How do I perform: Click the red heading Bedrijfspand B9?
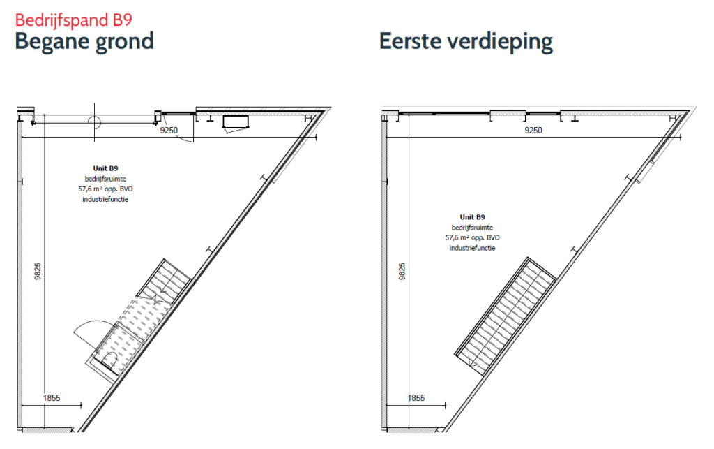point(74,20)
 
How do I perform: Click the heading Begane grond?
point(84,41)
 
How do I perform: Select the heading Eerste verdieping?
point(466,41)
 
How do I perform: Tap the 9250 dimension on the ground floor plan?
point(169,131)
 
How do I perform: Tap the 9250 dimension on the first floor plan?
point(533,131)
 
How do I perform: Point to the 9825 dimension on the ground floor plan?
point(38,271)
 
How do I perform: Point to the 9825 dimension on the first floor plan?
point(402,271)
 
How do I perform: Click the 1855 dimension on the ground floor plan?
point(52,398)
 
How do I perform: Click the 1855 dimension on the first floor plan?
point(416,398)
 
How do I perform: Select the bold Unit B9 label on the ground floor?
point(106,168)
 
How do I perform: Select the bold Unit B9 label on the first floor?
point(472,217)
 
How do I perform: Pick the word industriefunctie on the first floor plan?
point(472,248)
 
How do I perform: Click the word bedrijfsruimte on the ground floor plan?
point(106,179)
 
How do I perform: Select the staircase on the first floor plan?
point(506,316)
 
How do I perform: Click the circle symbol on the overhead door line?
point(94,122)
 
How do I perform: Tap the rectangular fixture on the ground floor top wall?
point(236,122)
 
